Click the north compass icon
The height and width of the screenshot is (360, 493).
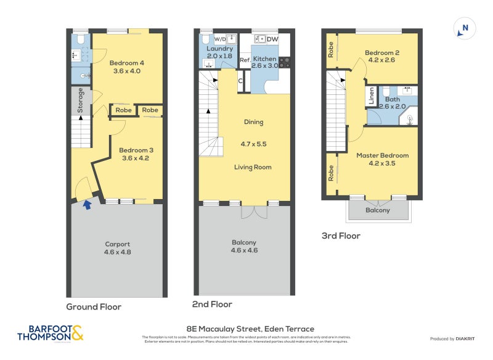click(464, 28)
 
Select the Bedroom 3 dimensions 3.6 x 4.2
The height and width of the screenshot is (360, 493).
click(136, 158)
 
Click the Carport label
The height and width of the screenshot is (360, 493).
click(117, 244)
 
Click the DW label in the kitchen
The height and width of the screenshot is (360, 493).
click(272, 39)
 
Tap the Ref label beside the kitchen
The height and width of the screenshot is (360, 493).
click(244, 60)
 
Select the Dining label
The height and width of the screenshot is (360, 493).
click(253, 122)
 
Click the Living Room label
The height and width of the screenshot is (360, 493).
click(253, 167)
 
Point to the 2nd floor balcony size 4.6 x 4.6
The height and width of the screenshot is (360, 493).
click(244, 250)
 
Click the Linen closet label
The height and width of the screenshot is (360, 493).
click(371, 96)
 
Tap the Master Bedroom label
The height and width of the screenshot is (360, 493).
click(382, 155)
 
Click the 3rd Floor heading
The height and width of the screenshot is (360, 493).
click(341, 235)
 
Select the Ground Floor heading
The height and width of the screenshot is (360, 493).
click(94, 306)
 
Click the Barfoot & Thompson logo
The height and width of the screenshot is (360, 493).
click(50, 333)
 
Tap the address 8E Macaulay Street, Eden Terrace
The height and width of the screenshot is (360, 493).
click(250, 329)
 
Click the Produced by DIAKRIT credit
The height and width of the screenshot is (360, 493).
click(455, 338)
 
